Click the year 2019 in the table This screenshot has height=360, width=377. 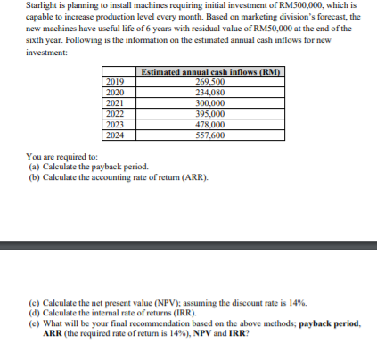pos(115,82)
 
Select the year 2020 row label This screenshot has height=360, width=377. pos(115,92)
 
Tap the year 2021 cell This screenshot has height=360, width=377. pos(115,102)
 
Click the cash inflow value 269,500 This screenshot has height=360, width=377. pos(210,82)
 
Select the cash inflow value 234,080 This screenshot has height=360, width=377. pos(210,92)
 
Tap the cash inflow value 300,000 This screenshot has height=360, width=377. pos(210,102)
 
